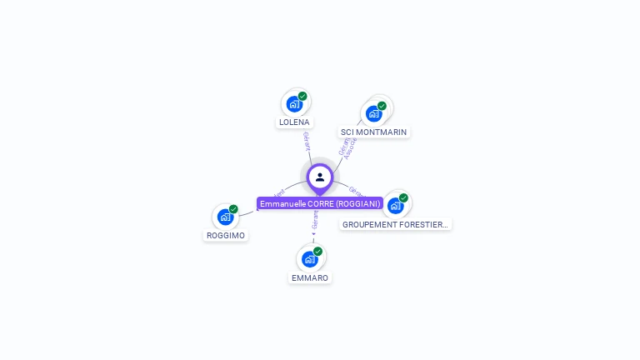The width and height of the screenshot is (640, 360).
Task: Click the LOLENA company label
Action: (294, 122)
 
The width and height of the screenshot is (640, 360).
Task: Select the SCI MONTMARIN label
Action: (374, 132)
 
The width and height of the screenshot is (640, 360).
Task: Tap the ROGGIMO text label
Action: (226, 235)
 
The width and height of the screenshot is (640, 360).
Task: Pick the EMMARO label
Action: (310, 277)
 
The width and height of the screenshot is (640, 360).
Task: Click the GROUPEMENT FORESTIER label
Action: (396, 224)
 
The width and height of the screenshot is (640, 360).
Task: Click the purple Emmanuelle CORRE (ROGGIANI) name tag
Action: (320, 203)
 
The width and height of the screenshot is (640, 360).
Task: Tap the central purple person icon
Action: (320, 177)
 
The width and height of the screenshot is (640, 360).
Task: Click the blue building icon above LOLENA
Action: (293, 103)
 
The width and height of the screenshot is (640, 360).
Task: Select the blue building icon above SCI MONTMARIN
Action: (373, 113)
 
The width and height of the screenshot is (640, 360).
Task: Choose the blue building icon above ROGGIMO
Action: (225, 217)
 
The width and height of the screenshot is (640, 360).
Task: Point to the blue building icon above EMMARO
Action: (309, 259)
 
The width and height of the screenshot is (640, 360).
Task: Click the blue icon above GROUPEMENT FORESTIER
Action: (395, 205)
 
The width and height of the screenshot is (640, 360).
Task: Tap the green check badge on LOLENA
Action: (302, 96)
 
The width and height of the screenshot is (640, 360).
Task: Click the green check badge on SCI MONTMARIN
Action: (382, 106)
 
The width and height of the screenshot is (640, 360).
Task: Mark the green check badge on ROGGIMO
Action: (233, 209)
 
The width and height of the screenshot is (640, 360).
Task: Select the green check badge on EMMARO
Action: (317, 251)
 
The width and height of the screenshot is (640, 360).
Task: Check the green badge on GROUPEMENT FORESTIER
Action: (403, 197)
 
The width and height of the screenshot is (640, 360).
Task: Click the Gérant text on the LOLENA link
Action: (307, 141)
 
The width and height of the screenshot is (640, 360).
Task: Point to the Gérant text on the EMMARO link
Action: (315, 219)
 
